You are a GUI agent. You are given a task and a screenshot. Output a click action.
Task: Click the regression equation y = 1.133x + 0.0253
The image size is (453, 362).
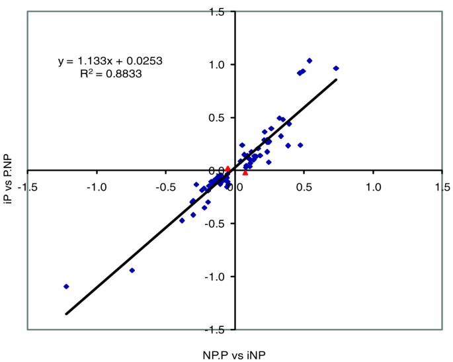click(x=110, y=61)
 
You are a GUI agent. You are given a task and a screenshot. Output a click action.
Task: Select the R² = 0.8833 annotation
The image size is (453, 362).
click(x=110, y=75)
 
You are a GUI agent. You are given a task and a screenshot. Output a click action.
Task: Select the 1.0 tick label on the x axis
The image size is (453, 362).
click(x=373, y=187)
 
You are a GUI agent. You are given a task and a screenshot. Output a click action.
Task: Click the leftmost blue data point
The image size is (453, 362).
click(x=66, y=287)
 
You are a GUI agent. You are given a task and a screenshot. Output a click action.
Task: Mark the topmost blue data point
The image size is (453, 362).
click(x=309, y=61)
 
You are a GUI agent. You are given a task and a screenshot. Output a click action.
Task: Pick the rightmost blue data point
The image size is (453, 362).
click(x=336, y=68)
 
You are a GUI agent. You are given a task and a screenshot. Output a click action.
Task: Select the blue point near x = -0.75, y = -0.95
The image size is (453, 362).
click(x=132, y=270)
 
